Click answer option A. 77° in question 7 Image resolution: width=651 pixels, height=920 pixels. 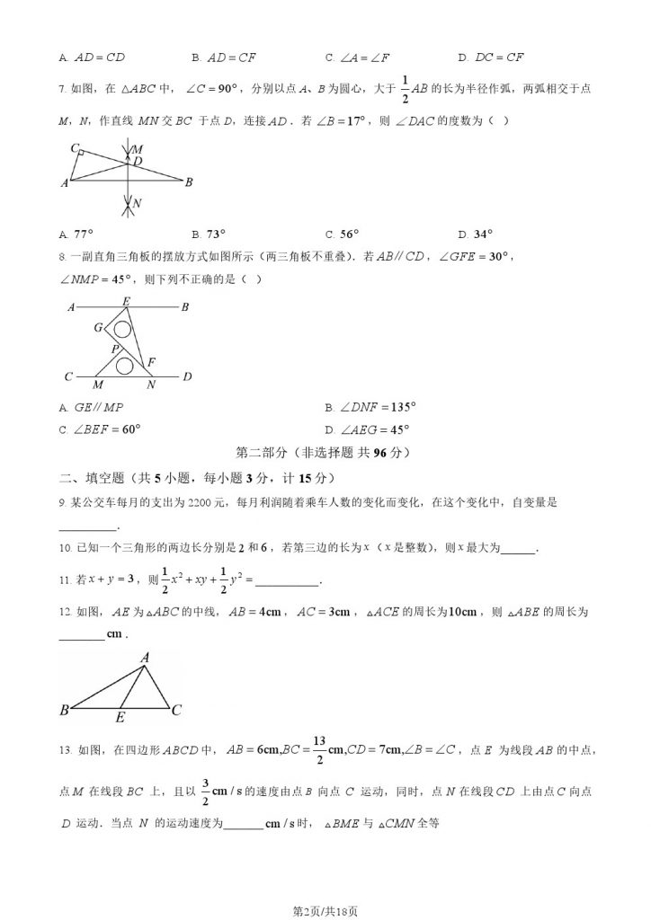pos(76,234)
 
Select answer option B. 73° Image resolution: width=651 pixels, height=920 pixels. pos(210,234)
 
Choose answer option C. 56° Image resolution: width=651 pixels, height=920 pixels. pos(342,234)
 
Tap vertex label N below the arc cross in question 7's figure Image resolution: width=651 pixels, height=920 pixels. pos(136,205)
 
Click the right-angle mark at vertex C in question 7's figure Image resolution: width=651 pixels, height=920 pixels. pos(81,155)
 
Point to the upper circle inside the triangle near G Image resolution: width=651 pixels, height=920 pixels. pos(122,330)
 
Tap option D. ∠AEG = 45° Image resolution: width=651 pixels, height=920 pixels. pos(368,429)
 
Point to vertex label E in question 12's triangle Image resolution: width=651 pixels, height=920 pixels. pos(120,718)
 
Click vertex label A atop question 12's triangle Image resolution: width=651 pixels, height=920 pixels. pos(143,658)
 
